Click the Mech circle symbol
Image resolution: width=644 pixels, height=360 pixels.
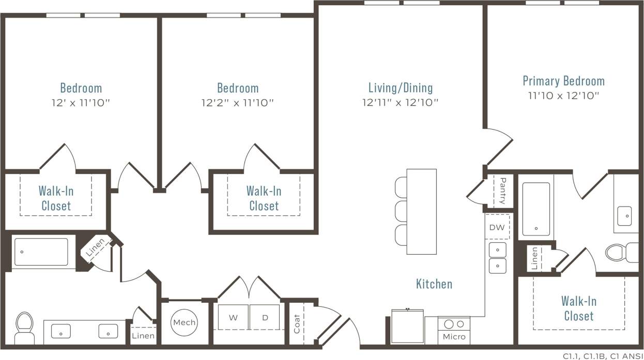click(185, 322)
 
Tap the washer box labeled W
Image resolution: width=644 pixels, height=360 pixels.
click(233, 317)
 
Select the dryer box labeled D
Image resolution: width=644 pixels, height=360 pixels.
click(265, 317)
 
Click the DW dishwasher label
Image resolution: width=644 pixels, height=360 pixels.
click(497, 227)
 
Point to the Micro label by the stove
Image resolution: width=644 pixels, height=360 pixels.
click(454, 337)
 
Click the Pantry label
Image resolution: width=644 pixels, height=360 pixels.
click(502, 191)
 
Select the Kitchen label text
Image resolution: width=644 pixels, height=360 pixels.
click(434, 284)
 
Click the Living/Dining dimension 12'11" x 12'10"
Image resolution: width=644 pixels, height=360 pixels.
click(401, 102)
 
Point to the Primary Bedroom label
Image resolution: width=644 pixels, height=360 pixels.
click(563, 81)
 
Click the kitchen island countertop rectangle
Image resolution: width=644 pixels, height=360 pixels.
click(421, 211)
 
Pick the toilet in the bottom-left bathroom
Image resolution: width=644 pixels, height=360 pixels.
click(24, 326)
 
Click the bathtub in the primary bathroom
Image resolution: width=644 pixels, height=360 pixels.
click(536, 208)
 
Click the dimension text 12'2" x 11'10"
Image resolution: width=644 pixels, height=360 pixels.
click(237, 102)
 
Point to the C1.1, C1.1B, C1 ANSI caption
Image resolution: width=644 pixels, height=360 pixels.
click(601, 355)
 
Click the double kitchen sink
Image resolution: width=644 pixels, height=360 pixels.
click(498, 258)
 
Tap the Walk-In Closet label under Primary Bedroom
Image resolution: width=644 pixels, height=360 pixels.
click(579, 308)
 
